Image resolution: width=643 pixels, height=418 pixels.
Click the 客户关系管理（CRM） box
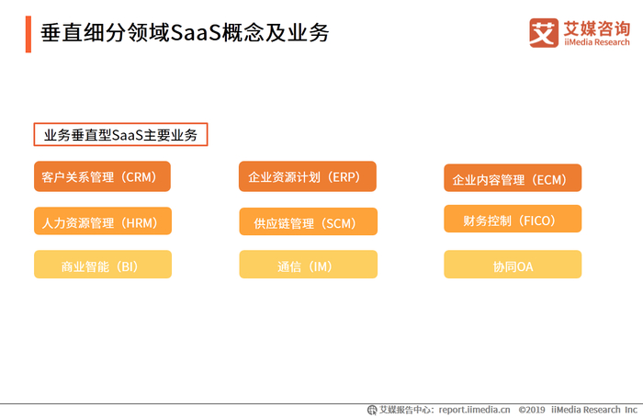coord(103,175)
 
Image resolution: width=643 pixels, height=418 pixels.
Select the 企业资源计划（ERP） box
coord(308,175)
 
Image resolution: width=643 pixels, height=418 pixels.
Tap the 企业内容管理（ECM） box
coord(513,179)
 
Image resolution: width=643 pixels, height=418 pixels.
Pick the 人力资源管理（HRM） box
coord(103,221)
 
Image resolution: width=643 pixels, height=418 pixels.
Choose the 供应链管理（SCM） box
coord(308,222)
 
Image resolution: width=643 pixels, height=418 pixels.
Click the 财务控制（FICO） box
coord(513,220)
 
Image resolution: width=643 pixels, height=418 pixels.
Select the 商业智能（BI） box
coord(103,265)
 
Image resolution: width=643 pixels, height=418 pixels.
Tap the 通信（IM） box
coord(308,265)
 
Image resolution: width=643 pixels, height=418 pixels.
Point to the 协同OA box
coord(513,265)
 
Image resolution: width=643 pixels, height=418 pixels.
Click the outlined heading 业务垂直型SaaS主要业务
coord(120,135)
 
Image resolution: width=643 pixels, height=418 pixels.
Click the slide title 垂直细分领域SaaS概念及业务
coord(185,33)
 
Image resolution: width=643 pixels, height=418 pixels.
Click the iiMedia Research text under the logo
coord(596,42)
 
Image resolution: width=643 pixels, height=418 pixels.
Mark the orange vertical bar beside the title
coord(28,33)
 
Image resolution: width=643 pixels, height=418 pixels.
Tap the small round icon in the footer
coord(372,410)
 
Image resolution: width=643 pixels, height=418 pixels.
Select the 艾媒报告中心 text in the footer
coord(405,410)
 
